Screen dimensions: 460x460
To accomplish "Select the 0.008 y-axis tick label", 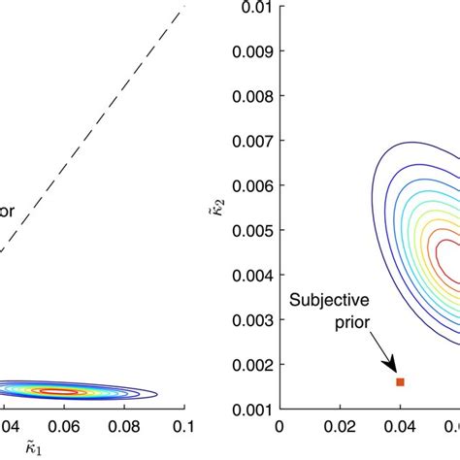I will click(251, 98).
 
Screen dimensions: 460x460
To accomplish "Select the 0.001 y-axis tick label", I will click(251, 410).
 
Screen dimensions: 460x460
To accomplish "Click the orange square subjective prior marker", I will click(400, 382).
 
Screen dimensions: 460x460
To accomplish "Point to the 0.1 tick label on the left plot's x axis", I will click(182, 426).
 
